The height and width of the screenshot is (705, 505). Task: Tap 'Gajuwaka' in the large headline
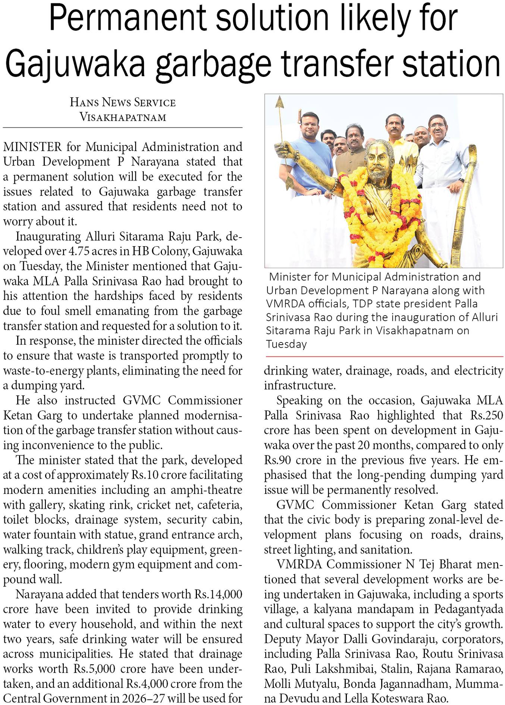(75, 63)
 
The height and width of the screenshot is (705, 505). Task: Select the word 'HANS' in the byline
(84, 103)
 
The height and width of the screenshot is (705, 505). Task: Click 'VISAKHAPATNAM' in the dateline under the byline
(123, 117)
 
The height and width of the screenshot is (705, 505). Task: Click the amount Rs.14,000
(218, 594)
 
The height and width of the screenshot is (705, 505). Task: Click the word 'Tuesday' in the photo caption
(286, 344)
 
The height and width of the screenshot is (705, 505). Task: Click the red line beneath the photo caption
(384, 357)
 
